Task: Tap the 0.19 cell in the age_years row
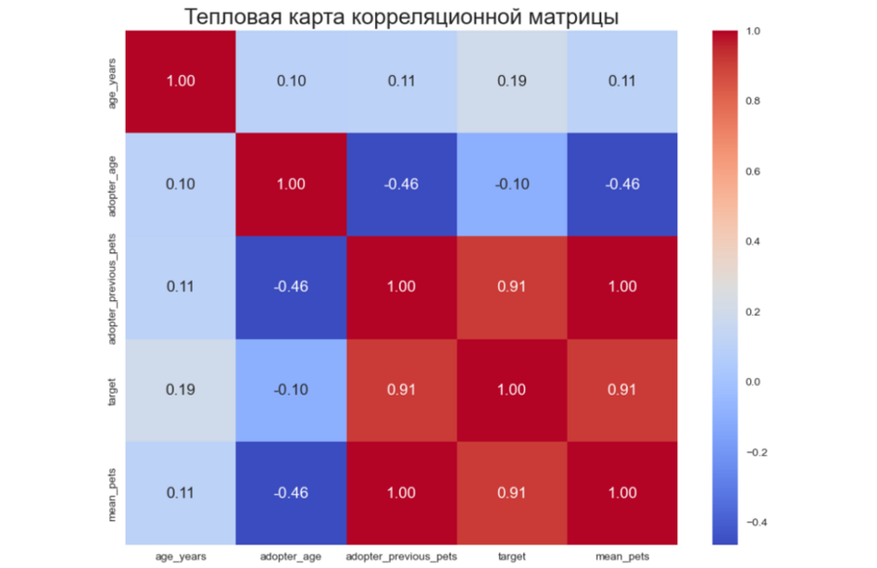tap(511, 81)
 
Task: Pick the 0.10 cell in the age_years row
tap(290, 81)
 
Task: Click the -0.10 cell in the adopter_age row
tap(511, 184)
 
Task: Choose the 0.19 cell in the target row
tap(180, 390)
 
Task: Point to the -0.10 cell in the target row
tap(290, 390)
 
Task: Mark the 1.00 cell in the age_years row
tap(180, 81)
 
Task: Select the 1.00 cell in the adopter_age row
tap(290, 184)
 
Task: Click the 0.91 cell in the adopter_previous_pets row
tap(511, 286)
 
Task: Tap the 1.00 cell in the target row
tap(511, 390)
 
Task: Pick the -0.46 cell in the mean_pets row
tap(290, 493)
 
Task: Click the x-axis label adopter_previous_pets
tap(400, 555)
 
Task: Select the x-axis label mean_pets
tap(621, 555)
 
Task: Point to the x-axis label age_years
tap(180, 555)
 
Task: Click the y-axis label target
tap(114, 390)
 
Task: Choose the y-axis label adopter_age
tap(114, 184)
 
